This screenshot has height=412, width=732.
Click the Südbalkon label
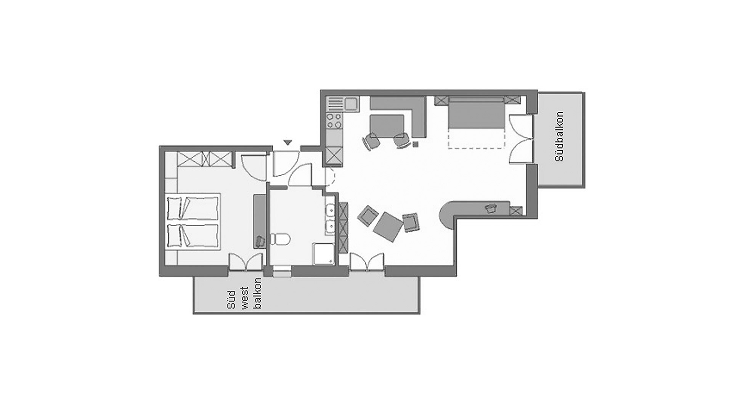(560, 136)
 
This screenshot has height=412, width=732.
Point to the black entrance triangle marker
(288, 143)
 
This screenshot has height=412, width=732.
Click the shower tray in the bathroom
(324, 254)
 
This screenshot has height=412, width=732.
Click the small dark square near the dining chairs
(416, 144)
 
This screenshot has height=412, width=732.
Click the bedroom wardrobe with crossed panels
(205, 160)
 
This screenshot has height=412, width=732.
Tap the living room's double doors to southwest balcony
(367, 262)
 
